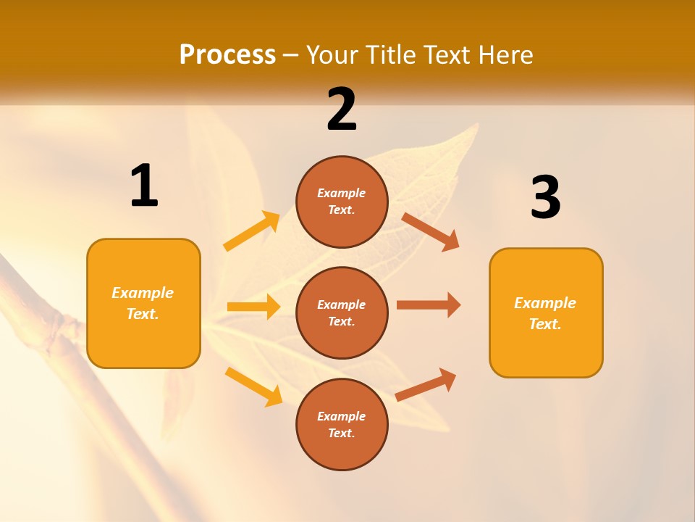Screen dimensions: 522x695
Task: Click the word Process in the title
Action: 227,55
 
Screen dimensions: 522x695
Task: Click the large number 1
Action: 144,186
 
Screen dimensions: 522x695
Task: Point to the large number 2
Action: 342,109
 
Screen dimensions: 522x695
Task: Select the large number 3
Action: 545,197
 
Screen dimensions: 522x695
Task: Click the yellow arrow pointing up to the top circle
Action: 252,231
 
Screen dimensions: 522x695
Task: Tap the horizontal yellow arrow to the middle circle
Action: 253,307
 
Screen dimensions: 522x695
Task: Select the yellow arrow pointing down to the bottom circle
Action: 253,386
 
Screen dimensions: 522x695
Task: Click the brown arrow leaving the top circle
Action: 431,231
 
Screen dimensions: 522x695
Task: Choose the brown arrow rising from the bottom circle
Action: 426,384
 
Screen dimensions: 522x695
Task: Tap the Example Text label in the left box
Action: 143,303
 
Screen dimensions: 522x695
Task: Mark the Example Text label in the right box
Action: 545,313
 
